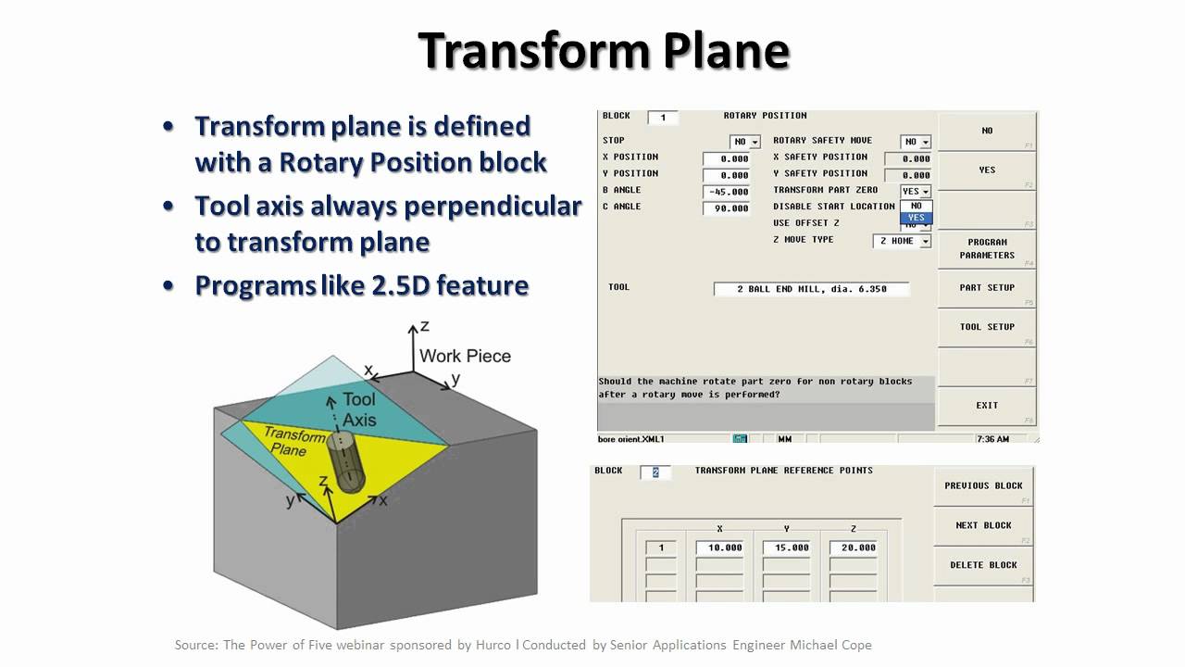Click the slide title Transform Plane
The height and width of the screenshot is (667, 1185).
click(x=604, y=51)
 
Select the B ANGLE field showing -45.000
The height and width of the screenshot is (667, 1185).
click(x=727, y=192)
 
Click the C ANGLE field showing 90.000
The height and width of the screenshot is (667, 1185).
click(x=727, y=208)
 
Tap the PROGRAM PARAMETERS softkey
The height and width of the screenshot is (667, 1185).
click(x=987, y=248)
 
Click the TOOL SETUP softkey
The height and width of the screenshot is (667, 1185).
click(x=987, y=327)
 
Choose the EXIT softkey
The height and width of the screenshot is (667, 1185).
click(x=987, y=405)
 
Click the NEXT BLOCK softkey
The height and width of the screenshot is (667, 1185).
click(x=983, y=525)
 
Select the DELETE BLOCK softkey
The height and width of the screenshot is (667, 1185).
click(x=983, y=565)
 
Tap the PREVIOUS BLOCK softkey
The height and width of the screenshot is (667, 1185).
click(x=983, y=485)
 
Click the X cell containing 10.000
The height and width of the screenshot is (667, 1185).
click(x=720, y=547)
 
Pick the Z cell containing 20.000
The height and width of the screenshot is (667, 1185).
click(x=854, y=547)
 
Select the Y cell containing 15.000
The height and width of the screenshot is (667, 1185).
click(x=787, y=547)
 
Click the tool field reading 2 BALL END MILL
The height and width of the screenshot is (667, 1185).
click(x=811, y=289)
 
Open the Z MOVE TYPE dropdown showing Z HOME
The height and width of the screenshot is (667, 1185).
click(x=902, y=241)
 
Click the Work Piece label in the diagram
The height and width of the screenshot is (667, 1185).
click(x=465, y=356)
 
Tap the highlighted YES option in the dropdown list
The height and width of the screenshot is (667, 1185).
click(x=916, y=218)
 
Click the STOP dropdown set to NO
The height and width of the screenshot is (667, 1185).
click(x=744, y=142)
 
